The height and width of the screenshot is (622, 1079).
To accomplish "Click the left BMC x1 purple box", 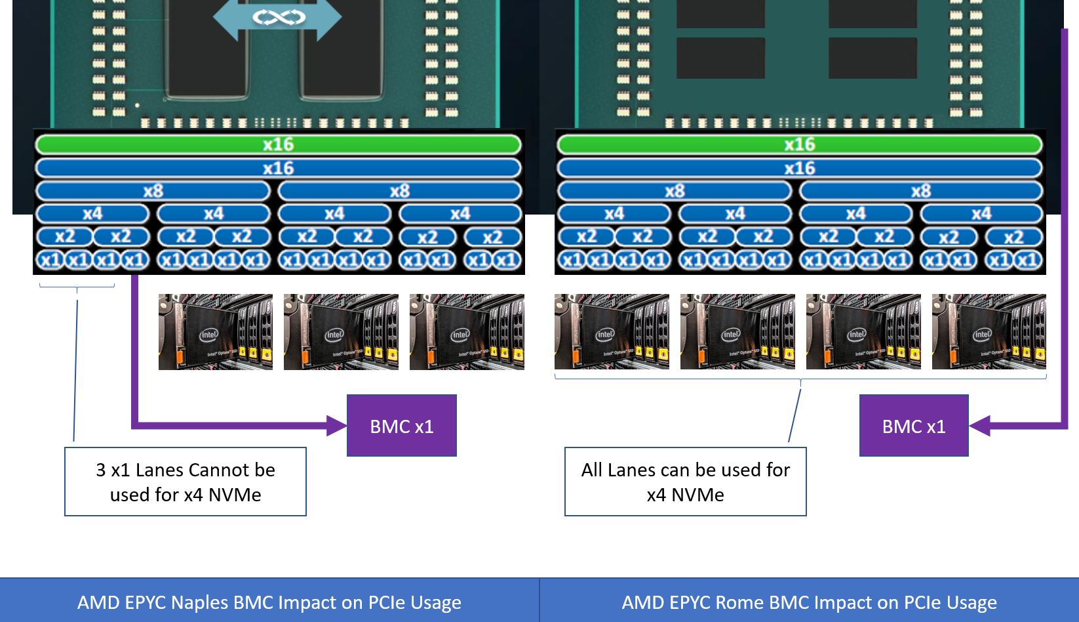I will [x=401, y=426].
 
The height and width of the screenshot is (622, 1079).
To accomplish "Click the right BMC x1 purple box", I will [x=913, y=426].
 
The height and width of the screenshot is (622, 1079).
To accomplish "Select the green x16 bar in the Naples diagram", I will [x=278, y=144].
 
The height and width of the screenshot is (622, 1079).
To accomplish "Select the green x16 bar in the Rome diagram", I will [x=799, y=144].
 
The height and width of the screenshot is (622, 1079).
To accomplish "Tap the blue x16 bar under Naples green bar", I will [x=278, y=168].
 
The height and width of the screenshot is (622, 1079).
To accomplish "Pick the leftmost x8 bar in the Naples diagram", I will [x=153, y=191].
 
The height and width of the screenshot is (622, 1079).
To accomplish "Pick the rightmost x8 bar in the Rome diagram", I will [x=920, y=191].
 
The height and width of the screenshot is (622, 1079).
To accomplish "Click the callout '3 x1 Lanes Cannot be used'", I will [x=186, y=482].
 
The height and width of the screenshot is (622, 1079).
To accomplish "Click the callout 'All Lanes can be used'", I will [x=685, y=482].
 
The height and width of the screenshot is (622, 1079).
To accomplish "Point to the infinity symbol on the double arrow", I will [x=279, y=17].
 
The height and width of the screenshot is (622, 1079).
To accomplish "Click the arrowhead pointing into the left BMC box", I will [x=337, y=426].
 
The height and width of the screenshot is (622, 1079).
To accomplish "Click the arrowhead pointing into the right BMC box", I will [x=979, y=426].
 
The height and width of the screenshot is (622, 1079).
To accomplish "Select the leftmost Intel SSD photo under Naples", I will [x=216, y=332].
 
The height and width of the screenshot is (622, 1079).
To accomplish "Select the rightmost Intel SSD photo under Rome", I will [x=989, y=332].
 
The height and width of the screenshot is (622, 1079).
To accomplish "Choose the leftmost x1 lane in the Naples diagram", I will [x=50, y=260].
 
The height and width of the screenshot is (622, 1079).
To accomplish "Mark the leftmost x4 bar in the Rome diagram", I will [x=614, y=214].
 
